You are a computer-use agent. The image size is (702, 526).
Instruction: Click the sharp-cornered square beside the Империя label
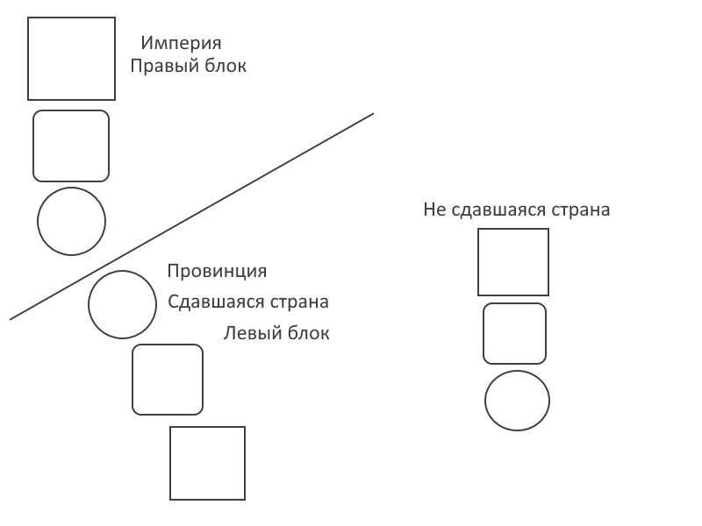point(72,59)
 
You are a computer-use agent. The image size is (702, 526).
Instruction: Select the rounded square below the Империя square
point(71,146)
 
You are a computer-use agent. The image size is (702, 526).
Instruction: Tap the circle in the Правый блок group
point(71,222)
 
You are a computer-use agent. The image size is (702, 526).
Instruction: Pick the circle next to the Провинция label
point(122,304)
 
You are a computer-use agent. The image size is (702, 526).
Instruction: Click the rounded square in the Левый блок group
point(168,380)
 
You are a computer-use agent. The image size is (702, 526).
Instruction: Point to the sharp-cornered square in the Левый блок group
point(207,463)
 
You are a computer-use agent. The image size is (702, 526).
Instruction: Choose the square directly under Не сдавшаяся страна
point(513,262)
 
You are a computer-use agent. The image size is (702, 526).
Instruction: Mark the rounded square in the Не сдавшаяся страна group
point(514,333)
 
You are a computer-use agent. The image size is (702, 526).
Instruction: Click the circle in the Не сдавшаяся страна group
point(517,401)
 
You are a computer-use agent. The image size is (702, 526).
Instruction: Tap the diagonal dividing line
point(191,217)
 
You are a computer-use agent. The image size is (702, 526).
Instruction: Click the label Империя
point(181,43)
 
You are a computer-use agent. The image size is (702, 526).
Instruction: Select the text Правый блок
point(189,66)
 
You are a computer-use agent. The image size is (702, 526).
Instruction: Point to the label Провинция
point(217,272)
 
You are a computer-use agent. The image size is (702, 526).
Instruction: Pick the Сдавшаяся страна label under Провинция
point(248,302)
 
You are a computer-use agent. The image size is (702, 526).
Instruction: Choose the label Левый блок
point(276,333)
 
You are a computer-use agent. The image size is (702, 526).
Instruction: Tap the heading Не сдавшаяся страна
point(516,210)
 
